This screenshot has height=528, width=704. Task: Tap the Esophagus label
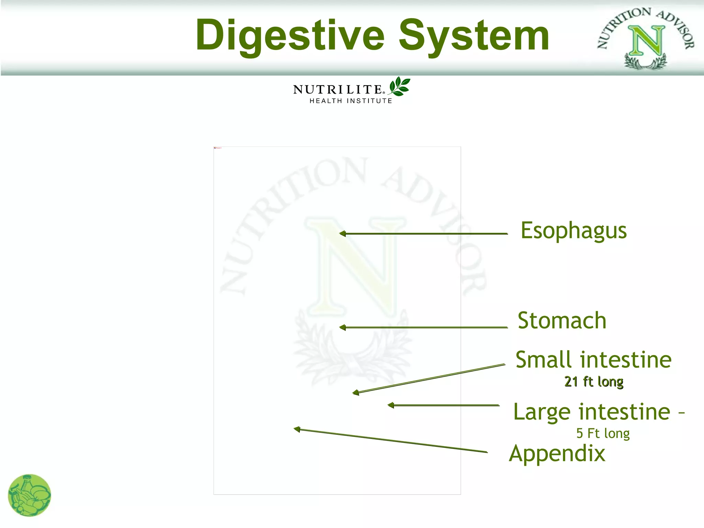coord(573,231)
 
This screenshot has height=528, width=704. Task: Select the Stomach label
coord(562,321)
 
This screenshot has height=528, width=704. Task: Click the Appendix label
coord(557,454)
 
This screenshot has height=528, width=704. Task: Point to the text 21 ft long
coord(594,382)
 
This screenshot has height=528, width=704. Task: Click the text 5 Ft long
coord(603,433)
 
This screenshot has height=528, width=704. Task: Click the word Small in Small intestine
coord(543,360)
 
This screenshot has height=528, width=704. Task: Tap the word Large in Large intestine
coord(541,412)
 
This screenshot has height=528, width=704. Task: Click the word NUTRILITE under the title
coord(338,90)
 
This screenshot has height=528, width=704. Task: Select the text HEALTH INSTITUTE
coord(351,101)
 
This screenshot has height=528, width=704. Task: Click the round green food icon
coord(30,495)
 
